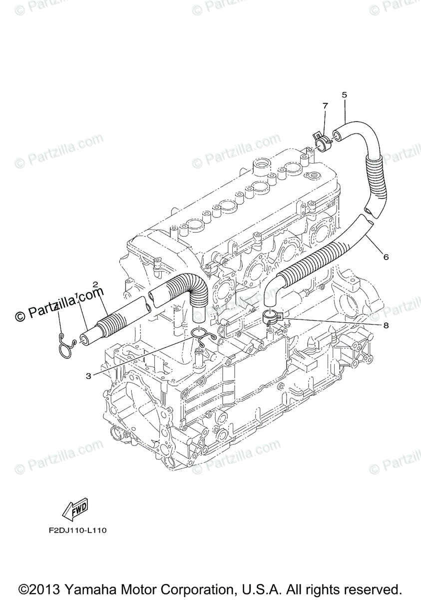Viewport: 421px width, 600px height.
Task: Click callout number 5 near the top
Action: click(344, 94)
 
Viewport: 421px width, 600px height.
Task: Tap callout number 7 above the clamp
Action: click(325, 106)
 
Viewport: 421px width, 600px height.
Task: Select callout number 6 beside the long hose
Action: click(386, 257)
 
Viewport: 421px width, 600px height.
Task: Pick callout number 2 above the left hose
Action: click(95, 284)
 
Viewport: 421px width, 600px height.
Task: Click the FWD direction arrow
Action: click(75, 509)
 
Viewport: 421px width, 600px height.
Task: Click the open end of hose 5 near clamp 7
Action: click(338, 133)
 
